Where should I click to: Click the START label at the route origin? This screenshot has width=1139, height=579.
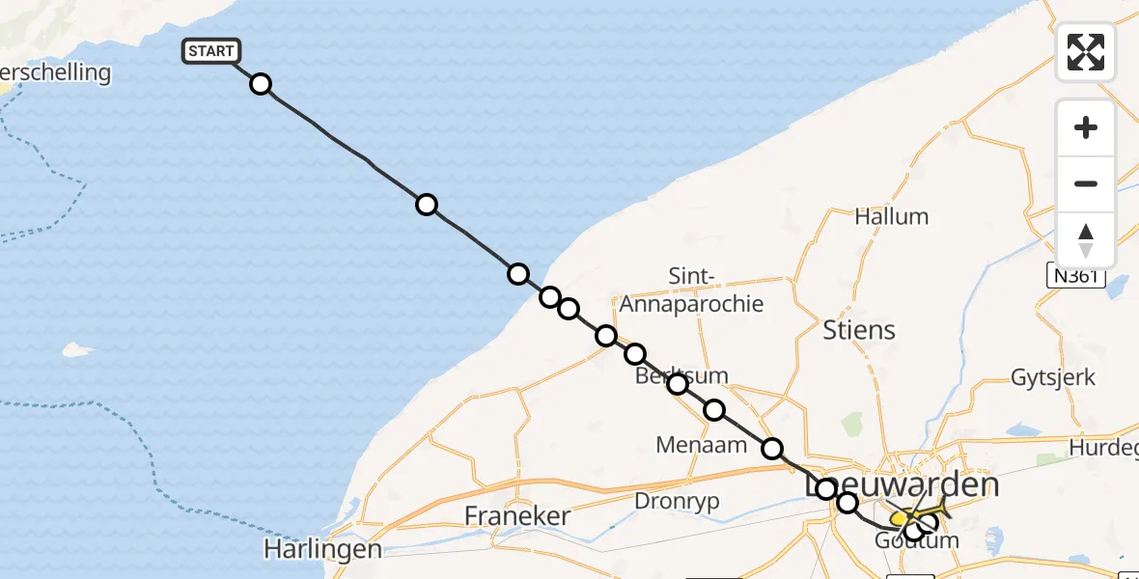(x=210, y=51)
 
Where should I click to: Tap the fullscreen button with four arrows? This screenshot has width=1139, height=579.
(x=1085, y=52)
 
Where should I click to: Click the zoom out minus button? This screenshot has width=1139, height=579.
(x=1085, y=183)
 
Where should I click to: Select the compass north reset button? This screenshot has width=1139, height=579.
(x=1085, y=240)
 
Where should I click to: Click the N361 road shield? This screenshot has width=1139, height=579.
(x=1074, y=277)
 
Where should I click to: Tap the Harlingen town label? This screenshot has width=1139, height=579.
(x=322, y=550)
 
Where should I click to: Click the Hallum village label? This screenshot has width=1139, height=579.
(x=891, y=216)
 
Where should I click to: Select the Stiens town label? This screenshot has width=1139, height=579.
(x=859, y=330)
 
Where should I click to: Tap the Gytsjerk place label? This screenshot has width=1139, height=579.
(x=1052, y=376)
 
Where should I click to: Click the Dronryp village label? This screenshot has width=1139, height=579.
(x=678, y=501)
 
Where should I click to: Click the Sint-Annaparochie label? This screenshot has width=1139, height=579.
(x=691, y=290)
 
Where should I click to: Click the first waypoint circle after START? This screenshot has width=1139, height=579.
(x=261, y=84)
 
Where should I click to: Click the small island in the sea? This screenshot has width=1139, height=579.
(x=79, y=349)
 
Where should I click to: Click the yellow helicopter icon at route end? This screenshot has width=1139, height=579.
(x=902, y=518)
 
